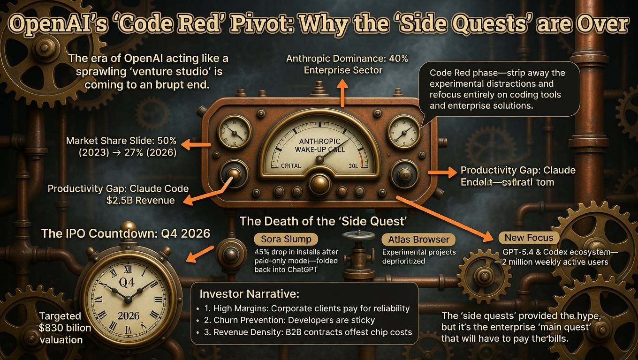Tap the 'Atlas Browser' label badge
419,240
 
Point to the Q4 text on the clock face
128,281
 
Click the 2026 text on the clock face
128,315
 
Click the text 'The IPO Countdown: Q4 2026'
125,233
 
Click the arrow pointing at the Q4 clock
201,253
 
